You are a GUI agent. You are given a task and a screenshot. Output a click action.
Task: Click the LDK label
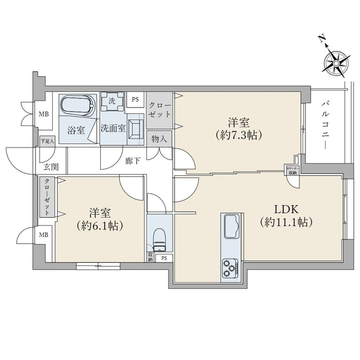click(x=284, y=209)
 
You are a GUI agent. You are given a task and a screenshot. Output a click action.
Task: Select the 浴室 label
click(x=76, y=128)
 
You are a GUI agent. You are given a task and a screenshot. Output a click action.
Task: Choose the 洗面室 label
click(x=112, y=128)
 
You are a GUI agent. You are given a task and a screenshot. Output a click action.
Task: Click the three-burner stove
click(x=230, y=266)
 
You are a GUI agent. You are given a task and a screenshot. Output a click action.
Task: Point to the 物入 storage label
click(x=160, y=139)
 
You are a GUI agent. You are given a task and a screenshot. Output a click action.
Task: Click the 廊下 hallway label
click(x=133, y=161)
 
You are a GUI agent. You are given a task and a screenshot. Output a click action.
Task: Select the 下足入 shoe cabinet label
click(x=47, y=142)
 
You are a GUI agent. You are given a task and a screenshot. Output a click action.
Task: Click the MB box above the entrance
click(x=44, y=113)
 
